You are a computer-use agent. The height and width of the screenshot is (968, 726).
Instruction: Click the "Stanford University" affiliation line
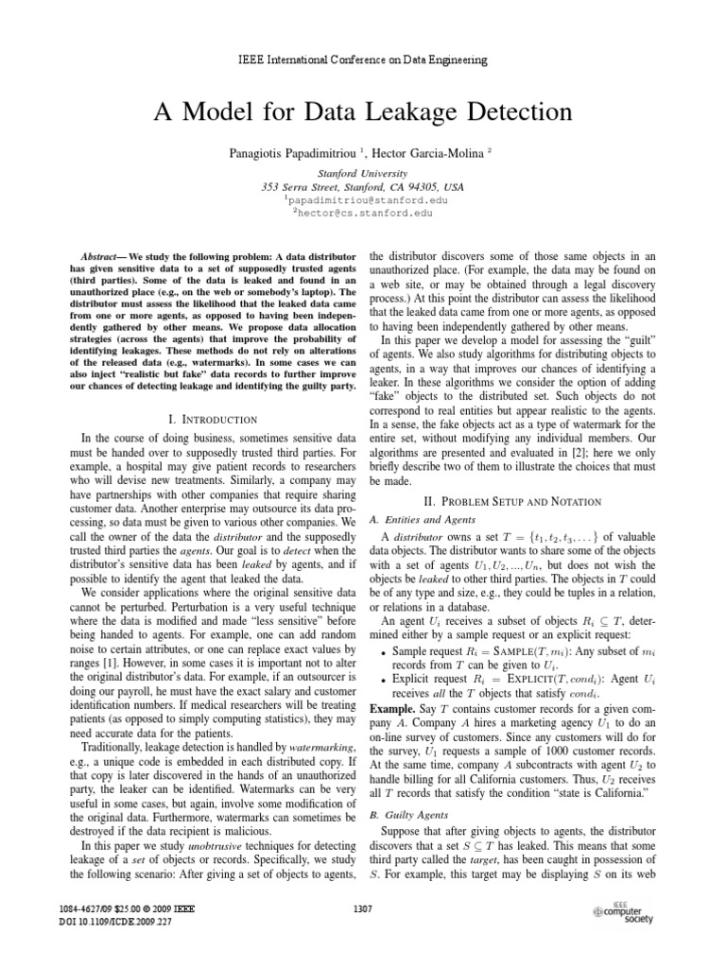point(362,174)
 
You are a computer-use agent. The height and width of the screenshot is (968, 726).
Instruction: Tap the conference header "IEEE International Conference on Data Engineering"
point(362,60)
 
